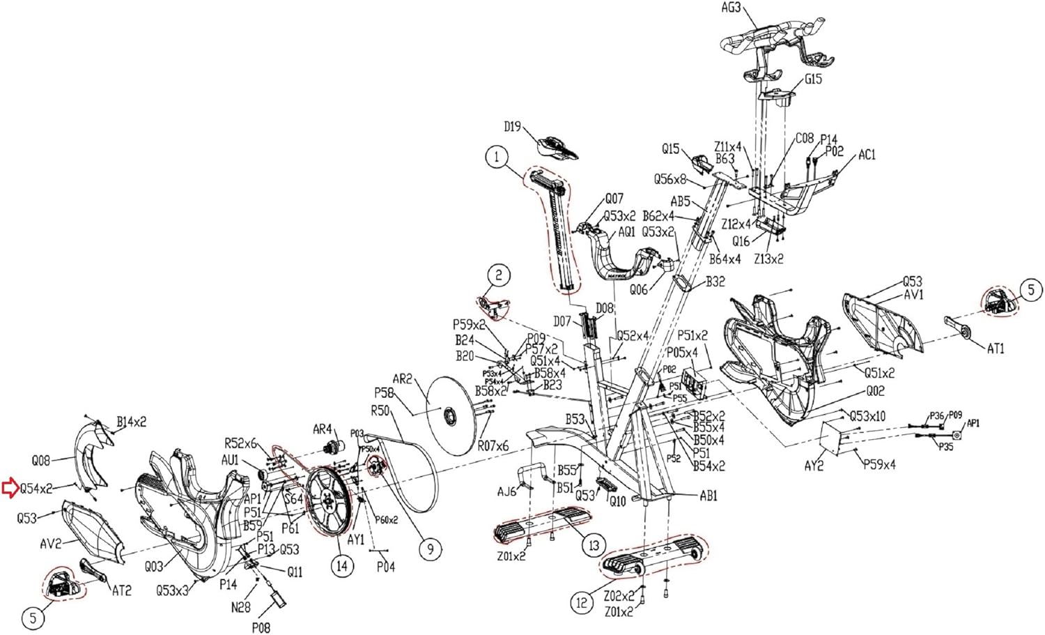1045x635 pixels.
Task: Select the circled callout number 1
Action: (497, 157)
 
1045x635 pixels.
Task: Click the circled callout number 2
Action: (499, 275)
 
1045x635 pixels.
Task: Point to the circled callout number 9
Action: (430, 549)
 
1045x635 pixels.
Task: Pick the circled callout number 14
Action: (341, 565)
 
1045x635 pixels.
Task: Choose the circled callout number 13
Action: (594, 545)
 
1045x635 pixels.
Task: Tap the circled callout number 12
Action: (582, 602)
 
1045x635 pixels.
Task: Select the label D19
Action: (512, 126)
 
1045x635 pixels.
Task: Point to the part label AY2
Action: (814, 465)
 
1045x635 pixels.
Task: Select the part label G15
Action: (813, 79)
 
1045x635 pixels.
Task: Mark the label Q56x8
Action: (670, 180)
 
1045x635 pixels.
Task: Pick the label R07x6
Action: (493, 445)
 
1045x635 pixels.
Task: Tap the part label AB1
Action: (709, 496)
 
